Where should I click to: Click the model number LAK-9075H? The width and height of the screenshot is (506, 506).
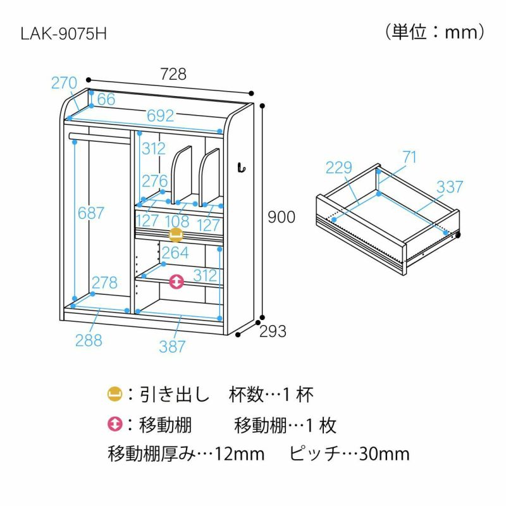tap(63, 33)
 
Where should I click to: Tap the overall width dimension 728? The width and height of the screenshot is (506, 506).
tap(173, 74)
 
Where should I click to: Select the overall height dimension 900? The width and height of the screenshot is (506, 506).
tap(281, 217)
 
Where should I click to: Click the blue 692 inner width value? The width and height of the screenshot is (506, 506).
tap(160, 115)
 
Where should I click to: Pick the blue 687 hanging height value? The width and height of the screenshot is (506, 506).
tap(91, 213)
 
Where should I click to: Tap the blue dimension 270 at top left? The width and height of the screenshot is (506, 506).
tap(64, 83)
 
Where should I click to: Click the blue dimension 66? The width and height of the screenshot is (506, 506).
tap(106, 99)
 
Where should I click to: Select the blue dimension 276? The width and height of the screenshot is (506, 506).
tap(154, 181)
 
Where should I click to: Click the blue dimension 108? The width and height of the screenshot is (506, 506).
tap(177, 221)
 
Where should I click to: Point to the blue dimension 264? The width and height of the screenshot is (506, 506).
tap(175, 253)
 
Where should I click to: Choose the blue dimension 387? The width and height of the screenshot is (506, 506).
tap(172, 346)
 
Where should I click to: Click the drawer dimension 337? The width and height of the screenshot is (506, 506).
tap(450, 187)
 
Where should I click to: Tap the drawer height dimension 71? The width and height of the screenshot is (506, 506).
tap(409, 157)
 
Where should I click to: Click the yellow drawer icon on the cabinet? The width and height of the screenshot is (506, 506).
tap(176, 235)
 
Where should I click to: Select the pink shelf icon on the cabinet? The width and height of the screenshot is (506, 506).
tap(176, 281)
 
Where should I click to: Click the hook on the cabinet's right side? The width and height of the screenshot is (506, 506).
tap(240, 167)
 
